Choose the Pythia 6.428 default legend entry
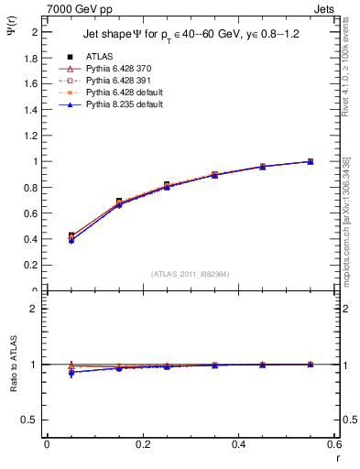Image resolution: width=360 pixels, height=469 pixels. tap(120, 93)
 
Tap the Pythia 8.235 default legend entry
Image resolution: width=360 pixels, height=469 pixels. tap(120, 104)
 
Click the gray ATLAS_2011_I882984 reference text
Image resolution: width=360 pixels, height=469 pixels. tap(191, 273)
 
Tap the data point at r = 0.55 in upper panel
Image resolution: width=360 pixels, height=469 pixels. tap(310, 161)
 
